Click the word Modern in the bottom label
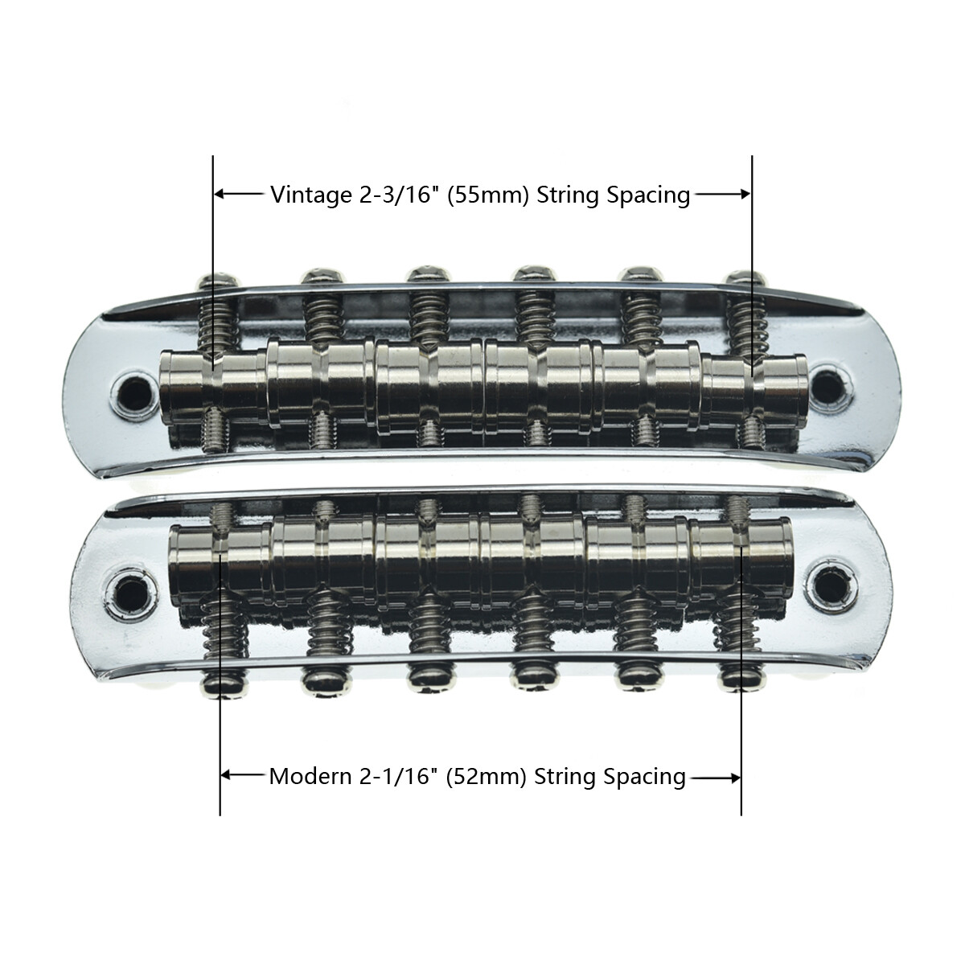[307, 777]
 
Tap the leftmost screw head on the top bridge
[216, 281]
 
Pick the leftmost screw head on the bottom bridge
[220, 683]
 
